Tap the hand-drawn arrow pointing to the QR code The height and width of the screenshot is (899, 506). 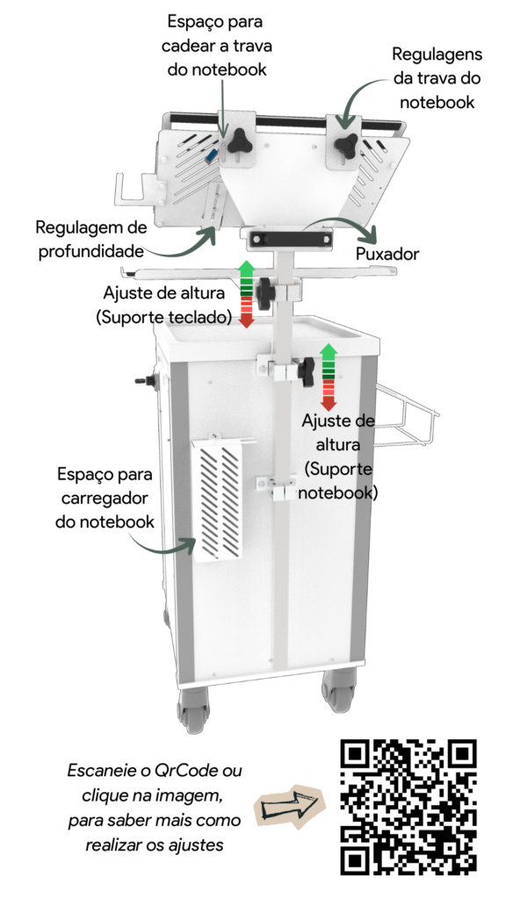288,808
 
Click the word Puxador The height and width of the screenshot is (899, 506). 387,254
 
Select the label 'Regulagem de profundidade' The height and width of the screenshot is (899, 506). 90,239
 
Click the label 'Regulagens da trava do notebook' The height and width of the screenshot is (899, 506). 437,78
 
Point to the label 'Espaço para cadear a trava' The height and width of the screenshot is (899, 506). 217,46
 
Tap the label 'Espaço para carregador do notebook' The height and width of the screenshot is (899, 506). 105,498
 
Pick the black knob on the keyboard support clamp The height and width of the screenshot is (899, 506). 266,291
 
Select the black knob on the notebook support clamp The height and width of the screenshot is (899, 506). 307,370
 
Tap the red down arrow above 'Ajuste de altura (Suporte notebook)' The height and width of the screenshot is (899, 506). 329,392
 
